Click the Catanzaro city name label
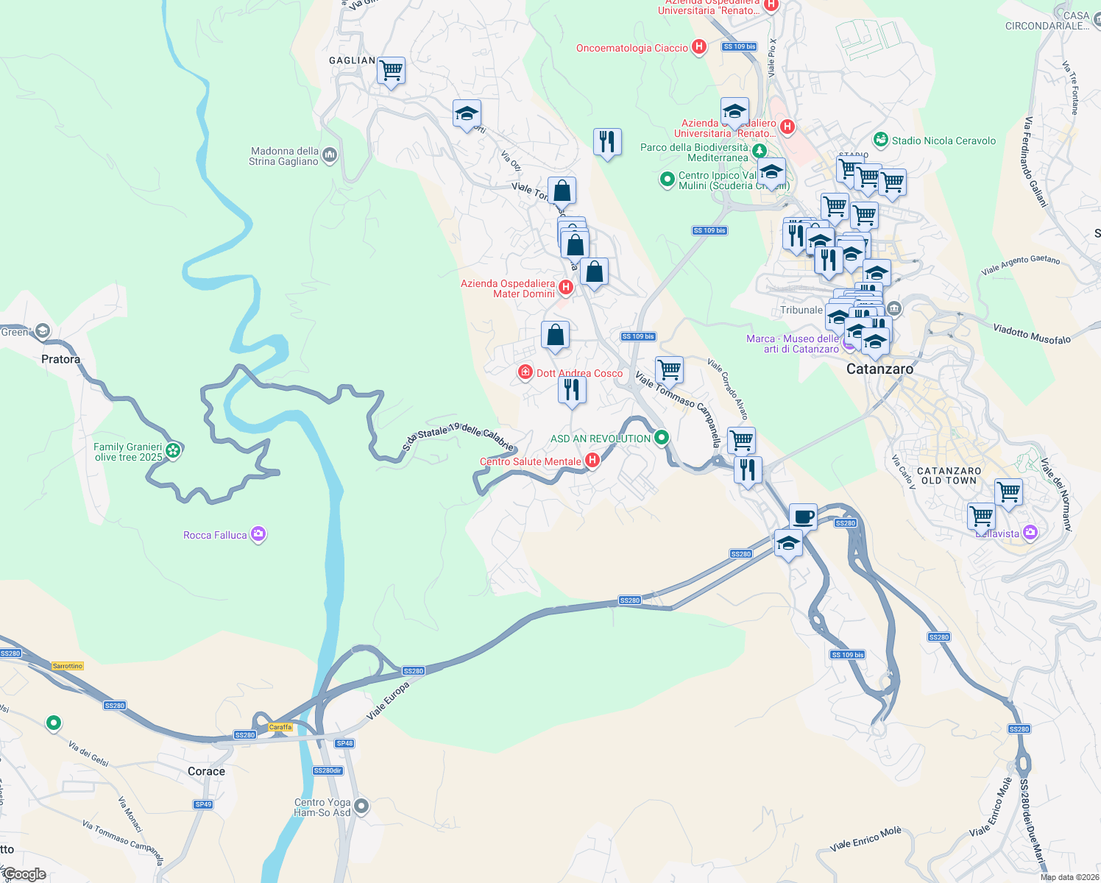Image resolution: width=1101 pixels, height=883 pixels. [x=879, y=369]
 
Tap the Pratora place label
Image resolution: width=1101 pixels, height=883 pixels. [x=60, y=359]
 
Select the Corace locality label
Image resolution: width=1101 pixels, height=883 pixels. [x=206, y=771]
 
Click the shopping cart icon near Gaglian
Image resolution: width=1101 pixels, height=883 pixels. [x=391, y=71]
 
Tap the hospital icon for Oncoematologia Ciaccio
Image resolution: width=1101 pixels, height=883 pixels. [x=699, y=48]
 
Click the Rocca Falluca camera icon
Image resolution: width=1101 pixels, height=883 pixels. [x=258, y=534]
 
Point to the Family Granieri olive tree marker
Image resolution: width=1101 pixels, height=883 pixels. [x=173, y=450]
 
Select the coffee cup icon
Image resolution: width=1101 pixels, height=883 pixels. [x=803, y=516]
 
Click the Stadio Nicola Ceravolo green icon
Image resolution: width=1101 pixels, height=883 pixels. [x=880, y=140]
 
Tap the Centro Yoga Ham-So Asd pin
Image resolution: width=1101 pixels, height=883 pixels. [x=361, y=806]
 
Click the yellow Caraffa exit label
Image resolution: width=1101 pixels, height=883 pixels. [x=280, y=727]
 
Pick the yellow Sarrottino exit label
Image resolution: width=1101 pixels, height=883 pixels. [x=68, y=666]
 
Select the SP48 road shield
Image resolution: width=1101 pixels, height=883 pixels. [x=344, y=743]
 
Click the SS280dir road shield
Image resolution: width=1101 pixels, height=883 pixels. [x=328, y=770]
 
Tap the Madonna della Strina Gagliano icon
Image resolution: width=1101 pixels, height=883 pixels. [x=330, y=155]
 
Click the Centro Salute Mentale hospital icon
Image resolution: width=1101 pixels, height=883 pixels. [x=592, y=461]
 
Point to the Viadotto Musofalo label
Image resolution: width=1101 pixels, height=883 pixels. [x=1032, y=333]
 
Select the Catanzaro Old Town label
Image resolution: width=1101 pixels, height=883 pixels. [x=949, y=475]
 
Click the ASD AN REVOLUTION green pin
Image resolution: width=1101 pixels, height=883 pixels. [x=662, y=438]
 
